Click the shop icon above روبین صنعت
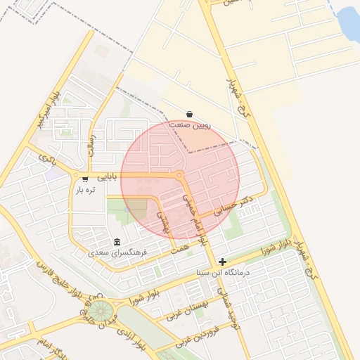190,114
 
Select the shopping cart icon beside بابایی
85,179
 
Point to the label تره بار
84,190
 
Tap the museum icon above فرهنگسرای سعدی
117,241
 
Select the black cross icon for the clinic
223,262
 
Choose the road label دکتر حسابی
235,206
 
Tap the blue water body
349,23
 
